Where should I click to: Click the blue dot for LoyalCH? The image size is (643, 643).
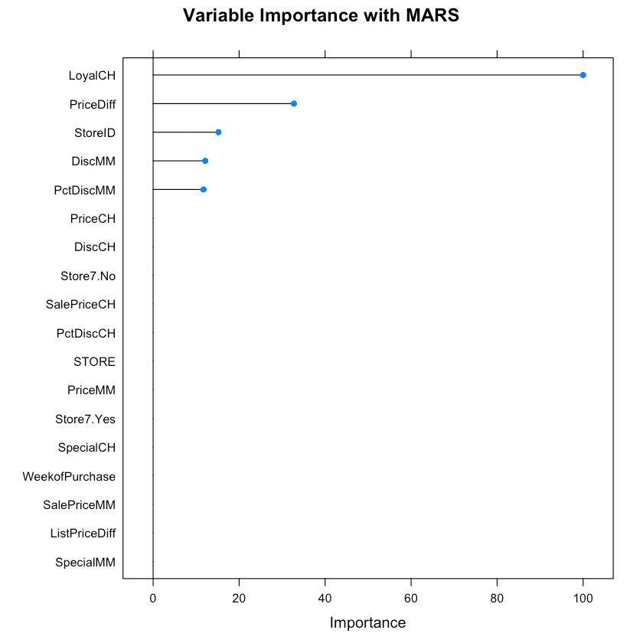(x=583, y=75)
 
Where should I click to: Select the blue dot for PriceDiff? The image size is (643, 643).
(x=294, y=103)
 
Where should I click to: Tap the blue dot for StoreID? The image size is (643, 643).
(x=218, y=132)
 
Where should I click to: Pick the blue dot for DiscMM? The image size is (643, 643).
(x=205, y=161)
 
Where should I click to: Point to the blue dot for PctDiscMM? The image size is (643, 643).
(x=203, y=189)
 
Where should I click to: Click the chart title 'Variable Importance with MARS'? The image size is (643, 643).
(x=321, y=16)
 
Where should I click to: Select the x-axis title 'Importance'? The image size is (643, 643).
(x=367, y=623)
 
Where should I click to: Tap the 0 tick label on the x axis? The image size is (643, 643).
(x=153, y=597)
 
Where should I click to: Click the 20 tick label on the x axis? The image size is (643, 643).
(x=240, y=597)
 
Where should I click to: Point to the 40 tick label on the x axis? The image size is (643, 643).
(x=325, y=597)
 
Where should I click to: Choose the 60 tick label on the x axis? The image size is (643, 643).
(x=411, y=597)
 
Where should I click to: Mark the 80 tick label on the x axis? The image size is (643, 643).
(x=498, y=597)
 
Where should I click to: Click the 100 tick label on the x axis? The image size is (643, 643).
(x=583, y=597)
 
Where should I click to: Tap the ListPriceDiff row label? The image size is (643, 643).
(x=83, y=534)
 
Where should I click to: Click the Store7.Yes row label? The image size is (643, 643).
(x=85, y=419)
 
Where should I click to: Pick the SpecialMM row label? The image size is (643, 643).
(x=85, y=563)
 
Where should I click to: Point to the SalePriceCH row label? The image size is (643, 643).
(x=80, y=304)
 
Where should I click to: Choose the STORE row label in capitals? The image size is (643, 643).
(x=94, y=361)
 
